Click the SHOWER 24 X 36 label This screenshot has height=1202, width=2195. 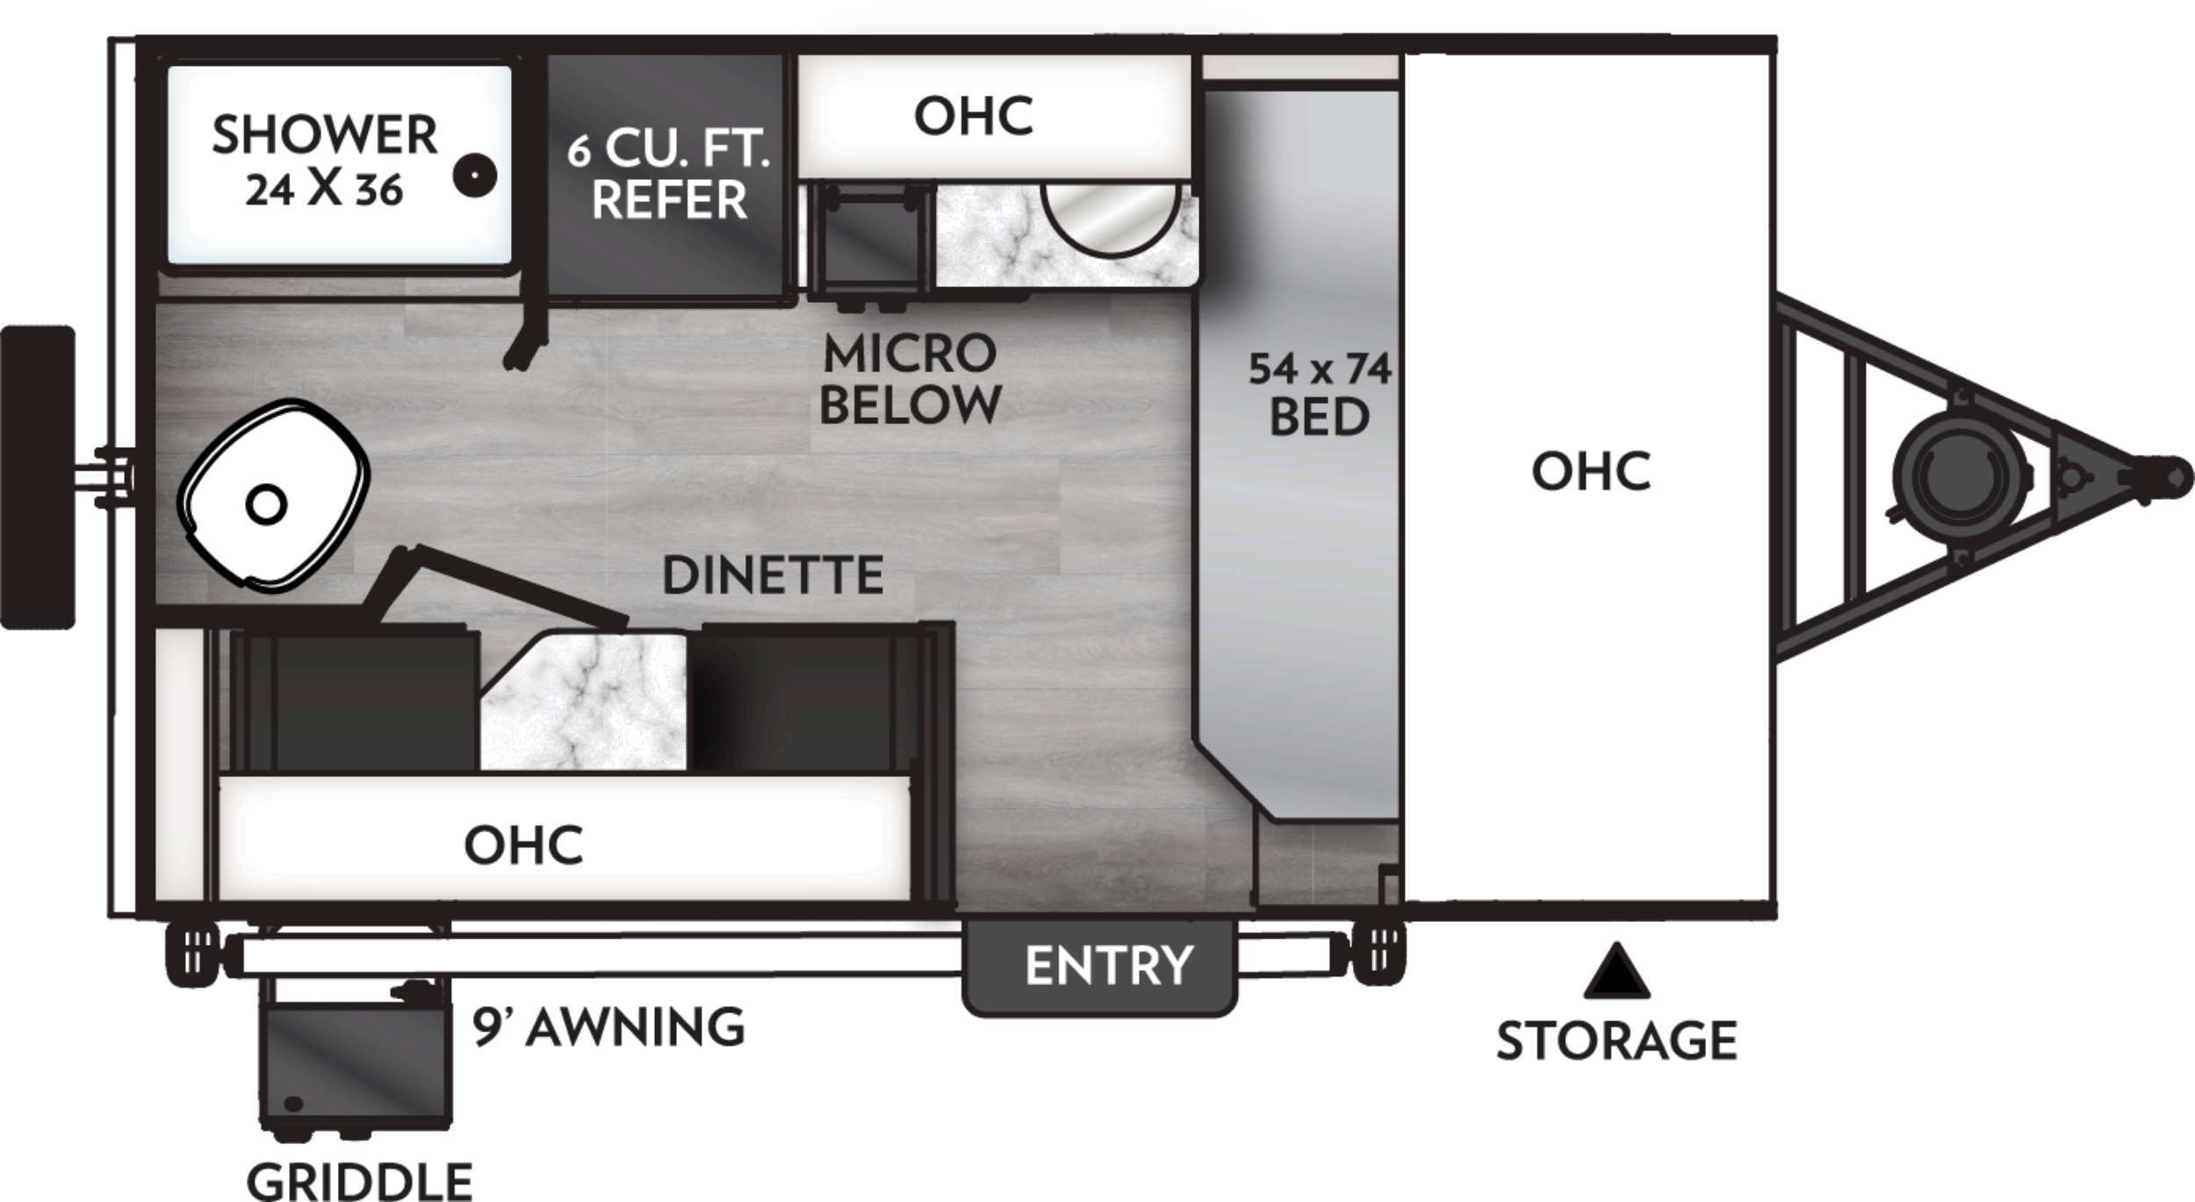[x=324, y=161]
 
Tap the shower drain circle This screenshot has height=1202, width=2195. [x=474, y=176]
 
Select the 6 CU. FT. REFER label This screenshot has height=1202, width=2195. [x=669, y=174]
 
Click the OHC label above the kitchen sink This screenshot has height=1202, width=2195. [x=973, y=116]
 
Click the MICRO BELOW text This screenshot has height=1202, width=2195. [x=910, y=379]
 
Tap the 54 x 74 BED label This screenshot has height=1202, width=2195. [x=1320, y=393]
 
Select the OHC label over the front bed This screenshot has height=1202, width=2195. [x=1591, y=471]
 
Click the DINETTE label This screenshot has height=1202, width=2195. [x=773, y=575]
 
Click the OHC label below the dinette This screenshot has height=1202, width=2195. [x=523, y=845]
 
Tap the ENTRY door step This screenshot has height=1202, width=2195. [x=1100, y=966]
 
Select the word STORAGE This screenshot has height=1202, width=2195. [x=1616, y=1041]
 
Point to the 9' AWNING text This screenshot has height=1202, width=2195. [x=609, y=1026]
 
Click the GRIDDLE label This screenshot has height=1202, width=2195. [x=359, y=1181]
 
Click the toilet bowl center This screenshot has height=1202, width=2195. [x=266, y=505]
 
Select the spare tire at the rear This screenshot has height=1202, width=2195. [x=38, y=478]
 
